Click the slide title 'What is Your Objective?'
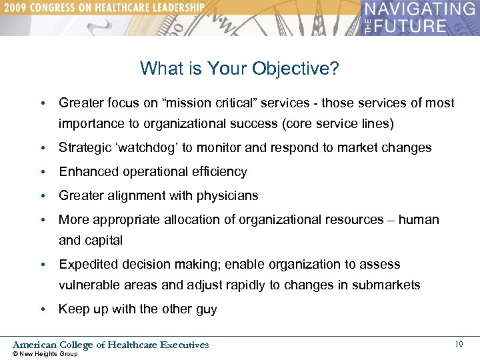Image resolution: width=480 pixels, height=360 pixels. (x=239, y=68)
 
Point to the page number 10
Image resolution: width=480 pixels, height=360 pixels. (x=458, y=344)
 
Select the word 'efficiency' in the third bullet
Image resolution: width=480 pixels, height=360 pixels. (x=219, y=172)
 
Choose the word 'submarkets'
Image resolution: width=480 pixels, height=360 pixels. (x=387, y=285)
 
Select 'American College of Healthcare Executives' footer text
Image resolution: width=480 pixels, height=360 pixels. (x=111, y=345)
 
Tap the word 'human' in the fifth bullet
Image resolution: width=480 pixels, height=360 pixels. (x=419, y=220)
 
